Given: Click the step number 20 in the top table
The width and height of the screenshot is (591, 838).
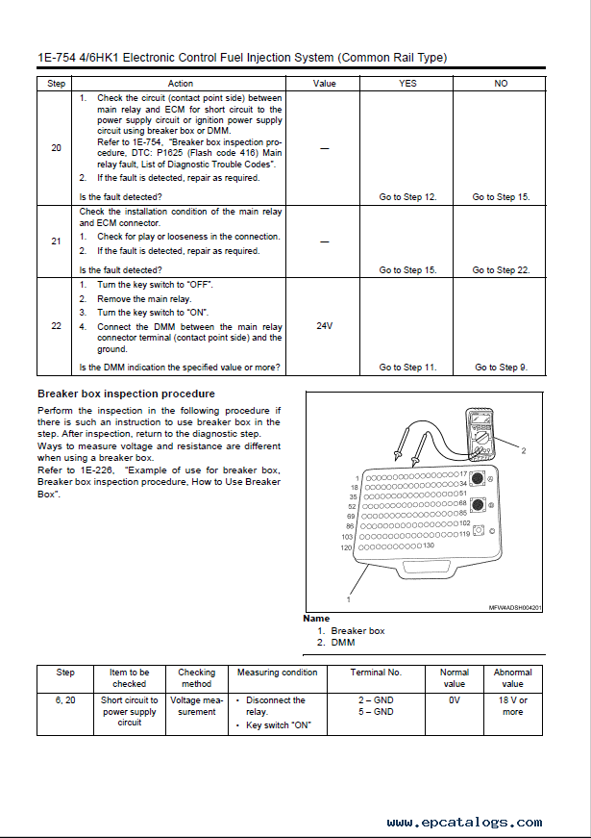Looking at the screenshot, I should coord(56,147).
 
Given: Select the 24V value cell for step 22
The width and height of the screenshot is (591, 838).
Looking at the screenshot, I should coord(325,326).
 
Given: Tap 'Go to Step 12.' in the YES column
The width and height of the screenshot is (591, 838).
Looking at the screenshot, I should coord(407,197).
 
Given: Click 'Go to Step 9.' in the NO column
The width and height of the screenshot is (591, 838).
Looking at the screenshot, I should coord(501,368).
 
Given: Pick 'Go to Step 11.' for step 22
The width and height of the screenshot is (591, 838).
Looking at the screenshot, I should coord(407,368).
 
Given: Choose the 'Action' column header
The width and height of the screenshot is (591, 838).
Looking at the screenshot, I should coord(180,84).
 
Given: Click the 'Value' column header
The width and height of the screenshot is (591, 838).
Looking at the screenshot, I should coord(325,84).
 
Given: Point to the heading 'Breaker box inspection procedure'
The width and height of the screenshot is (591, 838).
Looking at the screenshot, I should coord(126,394).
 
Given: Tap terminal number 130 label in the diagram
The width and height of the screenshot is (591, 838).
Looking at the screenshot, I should coord(429,546).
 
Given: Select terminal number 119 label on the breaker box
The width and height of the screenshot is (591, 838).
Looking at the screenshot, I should coord(464,533).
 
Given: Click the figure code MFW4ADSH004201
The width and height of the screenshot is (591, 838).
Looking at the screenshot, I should coord(515,607).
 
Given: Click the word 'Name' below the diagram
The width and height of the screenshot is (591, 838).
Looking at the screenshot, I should coord(316,619).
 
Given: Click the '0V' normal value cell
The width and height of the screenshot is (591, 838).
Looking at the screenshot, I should coord(455,700).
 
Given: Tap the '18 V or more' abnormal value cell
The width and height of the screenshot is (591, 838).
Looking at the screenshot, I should coord(513,706).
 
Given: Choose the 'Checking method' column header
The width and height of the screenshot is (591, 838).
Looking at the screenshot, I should coord(196,677).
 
